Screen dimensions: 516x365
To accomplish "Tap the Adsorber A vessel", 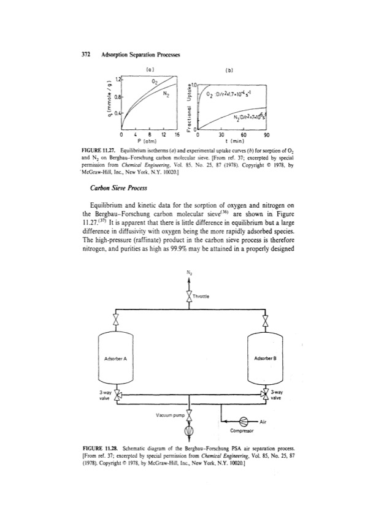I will point(115,358).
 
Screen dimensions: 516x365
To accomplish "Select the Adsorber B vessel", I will point(264,358).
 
